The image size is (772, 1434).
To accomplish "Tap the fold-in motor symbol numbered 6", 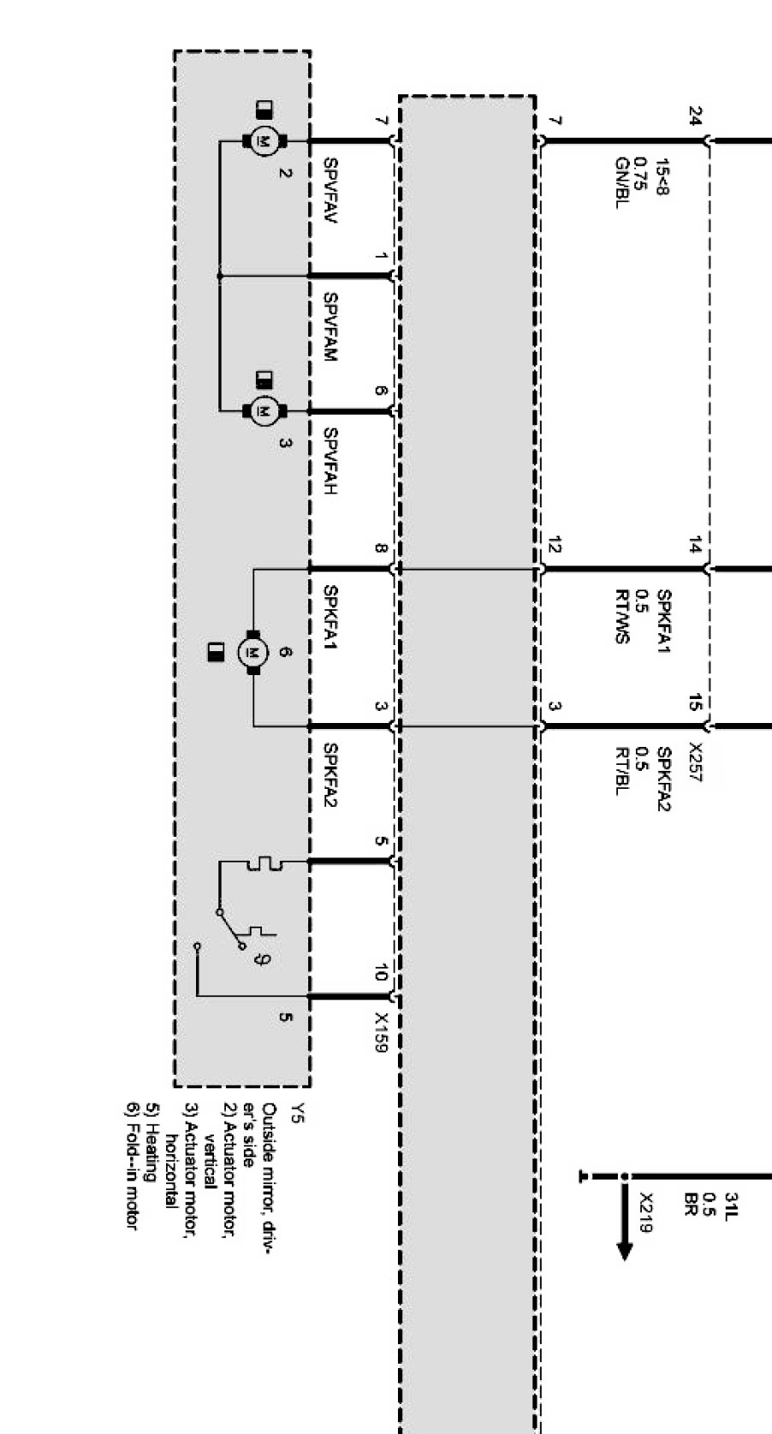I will point(252,653).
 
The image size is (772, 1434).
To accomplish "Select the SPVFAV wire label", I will point(330,191).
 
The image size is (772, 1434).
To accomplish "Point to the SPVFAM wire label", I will point(330,327).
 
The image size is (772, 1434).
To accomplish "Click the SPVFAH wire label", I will point(330,461).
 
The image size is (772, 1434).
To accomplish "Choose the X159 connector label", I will point(381,1033).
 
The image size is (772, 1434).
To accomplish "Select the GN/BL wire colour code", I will point(622,182).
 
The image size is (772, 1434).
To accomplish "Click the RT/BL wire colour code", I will point(622,771).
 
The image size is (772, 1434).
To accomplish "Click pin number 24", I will point(695,116).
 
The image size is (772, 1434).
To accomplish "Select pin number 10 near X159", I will point(381,972).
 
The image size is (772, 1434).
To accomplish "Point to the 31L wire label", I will point(731,1206).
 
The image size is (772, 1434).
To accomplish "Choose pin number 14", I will point(695,544).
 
